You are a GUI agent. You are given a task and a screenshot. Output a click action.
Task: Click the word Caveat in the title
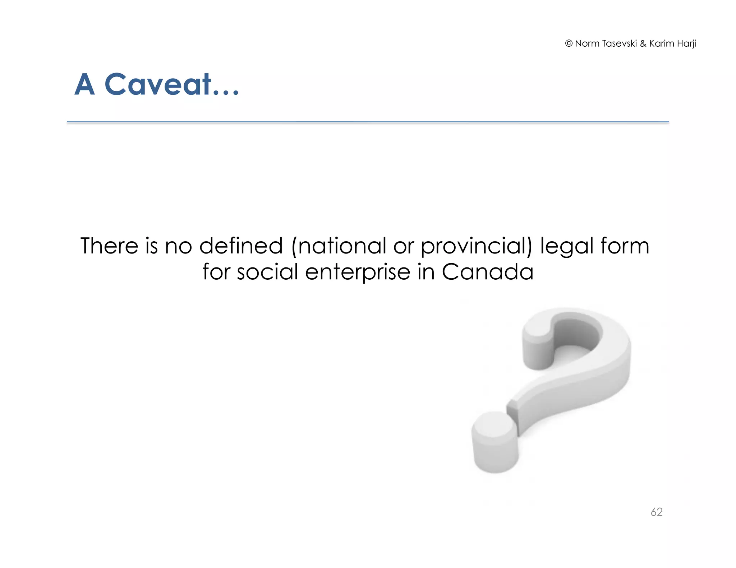(x=158, y=85)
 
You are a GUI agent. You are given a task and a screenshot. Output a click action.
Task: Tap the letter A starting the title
(x=85, y=85)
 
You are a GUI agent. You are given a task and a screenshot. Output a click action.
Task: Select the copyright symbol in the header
(x=569, y=43)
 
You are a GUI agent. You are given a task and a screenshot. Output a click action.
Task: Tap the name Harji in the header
(x=686, y=44)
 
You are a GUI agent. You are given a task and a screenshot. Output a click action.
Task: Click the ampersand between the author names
(x=643, y=43)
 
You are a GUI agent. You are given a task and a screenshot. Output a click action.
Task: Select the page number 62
(x=656, y=512)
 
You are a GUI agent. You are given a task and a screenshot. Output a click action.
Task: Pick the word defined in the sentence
(x=241, y=246)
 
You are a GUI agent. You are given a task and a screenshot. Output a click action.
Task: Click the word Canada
(x=487, y=272)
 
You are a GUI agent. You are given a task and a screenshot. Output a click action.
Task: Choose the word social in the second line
(x=267, y=272)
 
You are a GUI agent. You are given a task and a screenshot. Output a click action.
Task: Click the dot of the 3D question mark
(x=495, y=442)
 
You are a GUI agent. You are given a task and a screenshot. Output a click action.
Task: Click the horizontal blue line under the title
(x=368, y=122)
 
